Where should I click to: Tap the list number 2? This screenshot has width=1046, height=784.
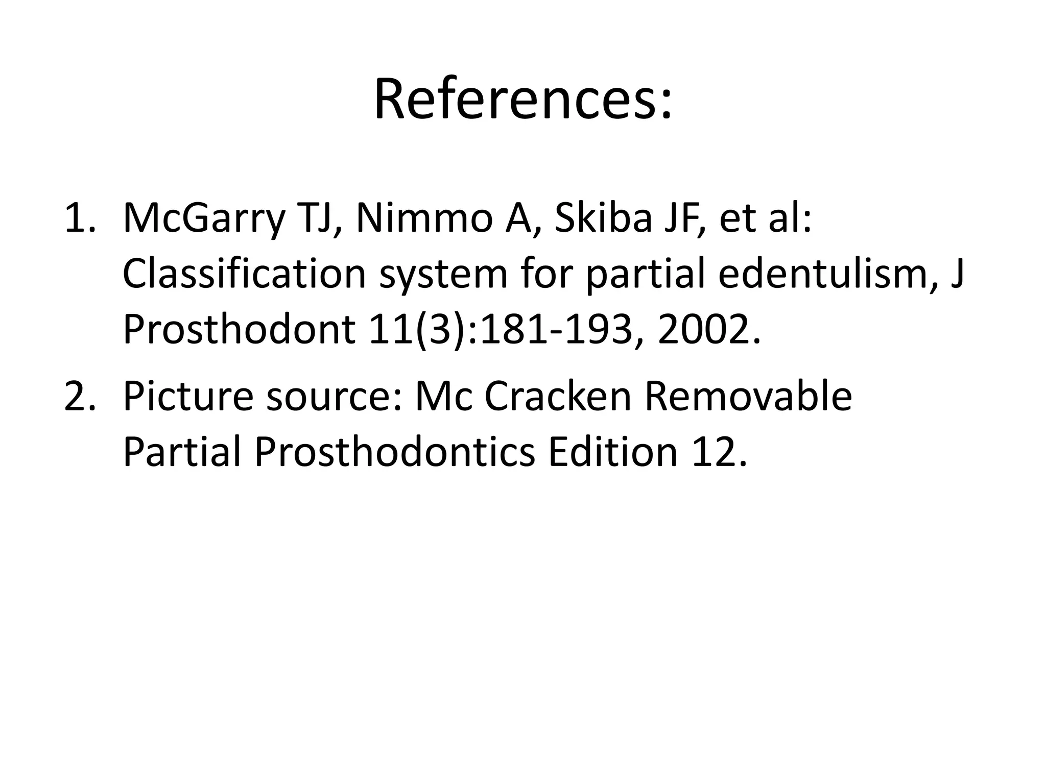(x=78, y=396)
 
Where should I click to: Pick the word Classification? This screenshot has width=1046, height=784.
(x=244, y=274)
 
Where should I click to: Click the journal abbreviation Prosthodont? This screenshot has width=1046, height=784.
(x=239, y=330)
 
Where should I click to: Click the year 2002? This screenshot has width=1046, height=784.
(x=708, y=330)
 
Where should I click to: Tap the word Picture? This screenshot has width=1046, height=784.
(x=187, y=396)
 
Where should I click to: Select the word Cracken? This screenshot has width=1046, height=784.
(x=558, y=396)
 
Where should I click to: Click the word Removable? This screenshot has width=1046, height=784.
(x=748, y=396)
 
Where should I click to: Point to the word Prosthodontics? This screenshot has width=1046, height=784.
(x=394, y=452)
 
